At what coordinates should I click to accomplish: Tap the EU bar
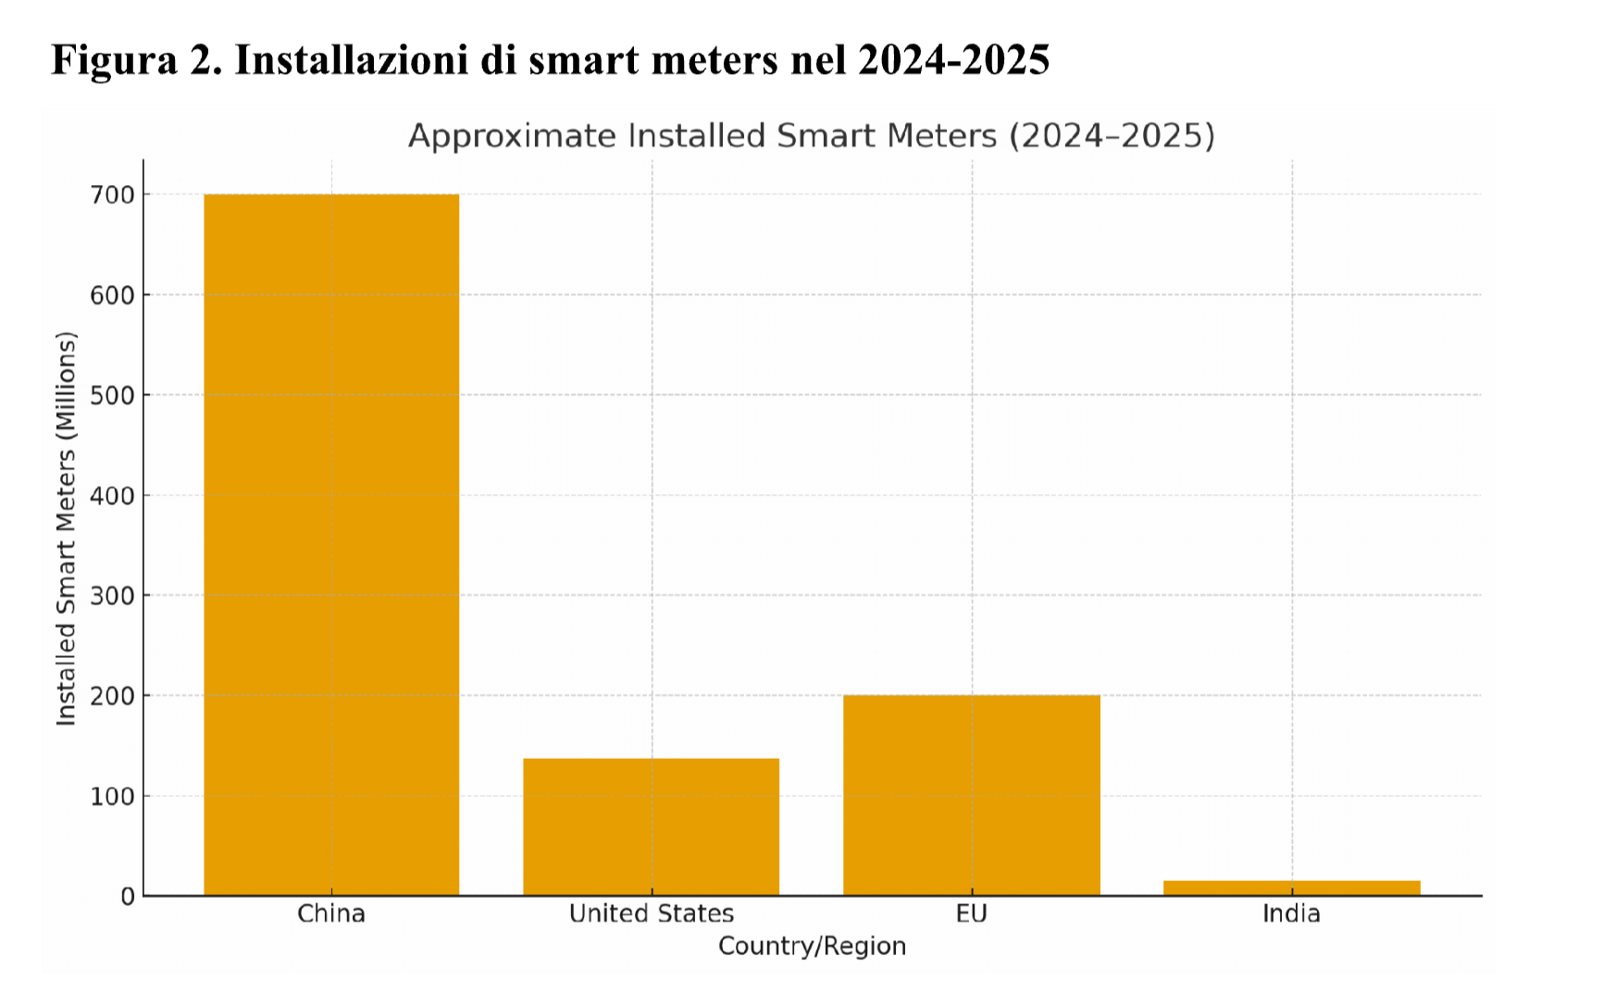pos(971,795)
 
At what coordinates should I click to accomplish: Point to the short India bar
pos(1291,888)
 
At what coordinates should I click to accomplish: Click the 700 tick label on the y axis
pos(112,195)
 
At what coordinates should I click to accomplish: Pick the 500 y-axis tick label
pos(112,395)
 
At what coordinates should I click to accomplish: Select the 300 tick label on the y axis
pos(112,596)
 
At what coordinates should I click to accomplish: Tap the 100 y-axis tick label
pos(112,796)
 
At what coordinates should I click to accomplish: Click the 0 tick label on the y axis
pos(128,896)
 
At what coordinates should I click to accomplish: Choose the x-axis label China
pos(331,914)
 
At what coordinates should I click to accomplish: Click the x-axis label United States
pos(651,914)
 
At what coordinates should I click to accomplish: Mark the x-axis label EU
pos(971,914)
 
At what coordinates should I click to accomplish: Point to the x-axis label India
pos(1291,914)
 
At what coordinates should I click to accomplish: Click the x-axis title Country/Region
pos(812,947)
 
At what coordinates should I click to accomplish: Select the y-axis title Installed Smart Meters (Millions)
pos(66,528)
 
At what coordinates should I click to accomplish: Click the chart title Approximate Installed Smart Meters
pos(811,136)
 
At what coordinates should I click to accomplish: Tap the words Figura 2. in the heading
pos(136,60)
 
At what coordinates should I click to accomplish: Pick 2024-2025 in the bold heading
pos(953,60)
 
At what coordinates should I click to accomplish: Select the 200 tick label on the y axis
pos(112,696)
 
